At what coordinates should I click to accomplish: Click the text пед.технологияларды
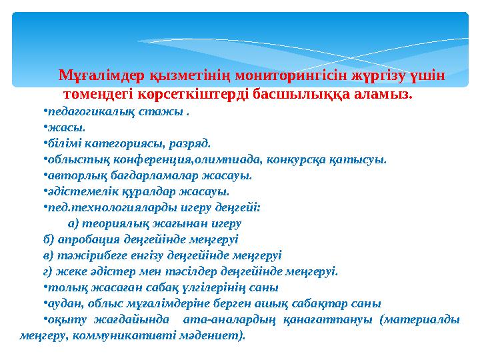click(x=98, y=207)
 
